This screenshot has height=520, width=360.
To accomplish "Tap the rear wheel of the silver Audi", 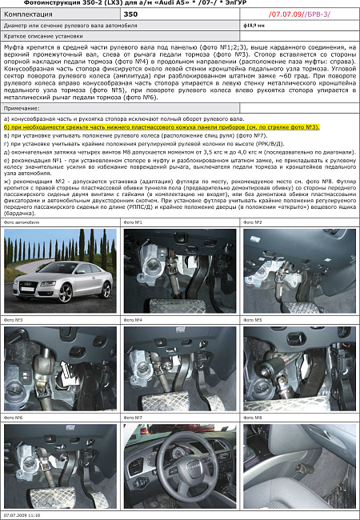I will point(98,294).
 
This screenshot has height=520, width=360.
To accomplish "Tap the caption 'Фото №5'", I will point(253,320).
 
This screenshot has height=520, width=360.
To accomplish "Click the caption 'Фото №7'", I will point(133,418).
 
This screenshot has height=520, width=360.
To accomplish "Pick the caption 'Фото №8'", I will point(253,418).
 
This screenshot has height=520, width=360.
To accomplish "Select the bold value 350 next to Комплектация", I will point(131,15).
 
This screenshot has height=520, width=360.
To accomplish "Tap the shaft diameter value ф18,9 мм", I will point(254,26).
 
